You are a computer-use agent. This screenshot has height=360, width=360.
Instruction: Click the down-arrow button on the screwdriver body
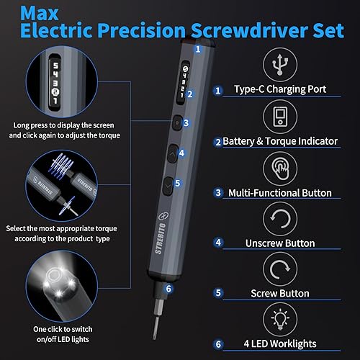pos(168,184)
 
